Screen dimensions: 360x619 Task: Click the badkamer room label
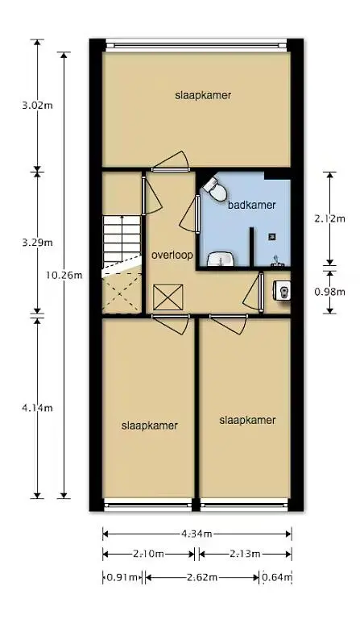pos(251,205)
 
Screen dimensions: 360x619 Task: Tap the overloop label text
pos(172,255)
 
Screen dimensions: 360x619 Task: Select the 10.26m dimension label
pos(64,275)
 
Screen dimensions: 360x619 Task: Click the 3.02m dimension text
pos(38,106)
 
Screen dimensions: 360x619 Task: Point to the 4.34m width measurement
pos(197,534)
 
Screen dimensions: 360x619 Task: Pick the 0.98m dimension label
pos(329,292)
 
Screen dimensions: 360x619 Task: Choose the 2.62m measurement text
pos(202,578)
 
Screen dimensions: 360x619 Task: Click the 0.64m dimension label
pos(277,578)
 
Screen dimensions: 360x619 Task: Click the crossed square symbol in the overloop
pos(168,297)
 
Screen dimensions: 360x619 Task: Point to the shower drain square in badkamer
pos(271,237)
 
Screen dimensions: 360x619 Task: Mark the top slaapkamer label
pos(203,95)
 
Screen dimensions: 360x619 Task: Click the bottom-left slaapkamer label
pos(150,426)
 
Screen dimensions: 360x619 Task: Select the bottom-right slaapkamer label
pos(247,420)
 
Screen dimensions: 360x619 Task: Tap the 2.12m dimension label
pos(329,218)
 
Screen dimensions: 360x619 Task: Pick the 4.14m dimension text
pos(38,408)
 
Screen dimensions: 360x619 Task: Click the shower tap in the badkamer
pos(277,261)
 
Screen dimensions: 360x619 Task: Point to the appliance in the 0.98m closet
pos(283,291)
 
